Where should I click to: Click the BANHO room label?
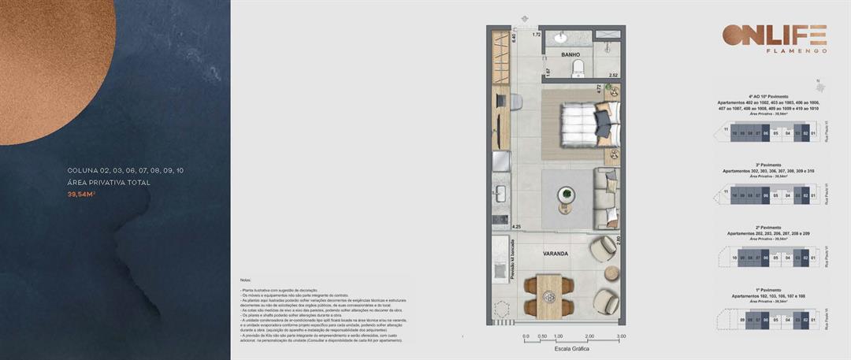click(x=570, y=55)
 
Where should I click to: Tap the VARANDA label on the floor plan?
click(x=556, y=254)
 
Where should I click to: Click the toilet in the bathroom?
click(x=578, y=68)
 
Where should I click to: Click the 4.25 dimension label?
click(x=516, y=227)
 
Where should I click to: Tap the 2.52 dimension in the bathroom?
click(x=614, y=76)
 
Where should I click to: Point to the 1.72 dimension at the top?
click(x=536, y=35)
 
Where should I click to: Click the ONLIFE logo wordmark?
click(x=775, y=36)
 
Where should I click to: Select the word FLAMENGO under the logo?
click(x=797, y=50)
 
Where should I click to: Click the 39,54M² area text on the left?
click(x=81, y=194)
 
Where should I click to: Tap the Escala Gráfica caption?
click(x=572, y=348)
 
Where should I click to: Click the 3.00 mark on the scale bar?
click(x=622, y=336)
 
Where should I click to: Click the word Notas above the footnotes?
click(x=246, y=280)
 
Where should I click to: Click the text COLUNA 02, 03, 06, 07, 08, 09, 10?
click(x=125, y=170)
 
